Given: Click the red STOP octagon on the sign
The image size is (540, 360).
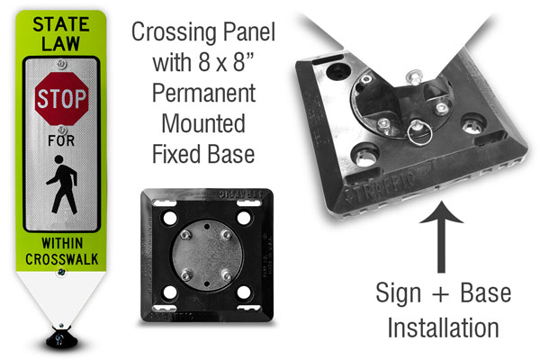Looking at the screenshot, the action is (x=61, y=98).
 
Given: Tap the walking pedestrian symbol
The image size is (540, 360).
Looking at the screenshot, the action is (x=62, y=184).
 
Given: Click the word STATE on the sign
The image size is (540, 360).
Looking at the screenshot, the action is (x=61, y=24).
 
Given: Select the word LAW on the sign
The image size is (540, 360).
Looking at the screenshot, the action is (x=61, y=43).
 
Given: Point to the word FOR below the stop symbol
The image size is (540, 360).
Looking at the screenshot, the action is (x=61, y=140).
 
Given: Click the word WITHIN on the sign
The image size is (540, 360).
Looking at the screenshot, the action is (x=62, y=243).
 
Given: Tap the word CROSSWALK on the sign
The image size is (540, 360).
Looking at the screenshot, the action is (x=62, y=259).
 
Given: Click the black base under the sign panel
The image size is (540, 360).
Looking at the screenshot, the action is (x=61, y=337).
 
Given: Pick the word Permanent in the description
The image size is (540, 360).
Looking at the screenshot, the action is (x=204, y=94).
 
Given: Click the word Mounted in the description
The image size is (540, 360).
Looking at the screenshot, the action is (x=203, y=123).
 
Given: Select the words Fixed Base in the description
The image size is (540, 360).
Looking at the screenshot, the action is (x=203, y=154).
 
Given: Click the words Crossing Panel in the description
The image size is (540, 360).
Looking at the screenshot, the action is (x=203, y=31).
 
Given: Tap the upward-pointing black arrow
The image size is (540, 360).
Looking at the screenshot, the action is (x=441, y=238).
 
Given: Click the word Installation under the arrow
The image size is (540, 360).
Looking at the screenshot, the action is (x=443, y=328).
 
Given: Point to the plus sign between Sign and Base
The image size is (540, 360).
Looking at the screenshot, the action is (x=441, y=294).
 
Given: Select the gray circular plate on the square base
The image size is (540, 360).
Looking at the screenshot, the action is (x=207, y=256).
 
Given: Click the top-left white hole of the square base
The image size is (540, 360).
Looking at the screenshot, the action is (x=170, y=218).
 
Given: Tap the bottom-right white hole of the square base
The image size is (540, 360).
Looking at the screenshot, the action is (x=244, y=292).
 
